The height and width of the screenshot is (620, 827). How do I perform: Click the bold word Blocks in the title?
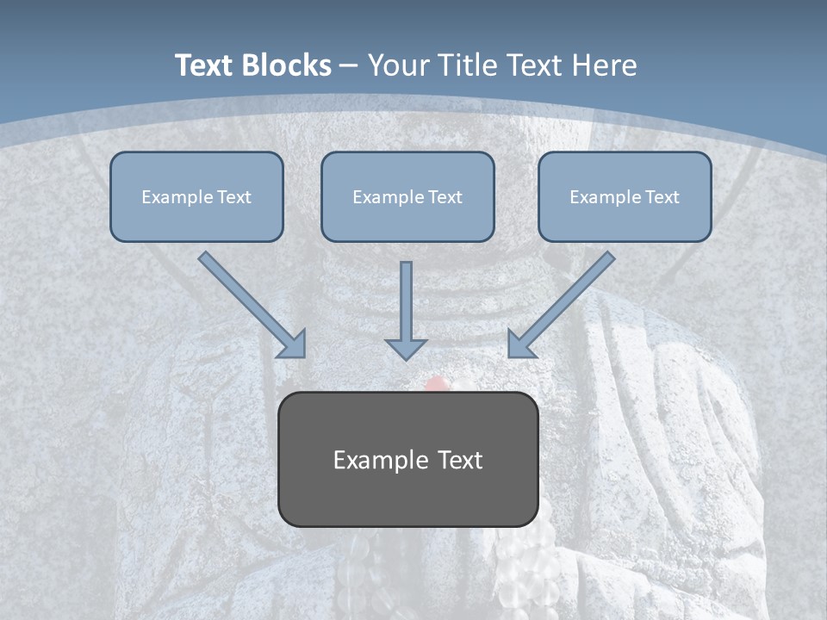pos(286,65)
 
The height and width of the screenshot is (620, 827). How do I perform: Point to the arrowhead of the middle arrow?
pos(406,349)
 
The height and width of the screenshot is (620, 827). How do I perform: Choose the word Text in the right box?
pos(662,197)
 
